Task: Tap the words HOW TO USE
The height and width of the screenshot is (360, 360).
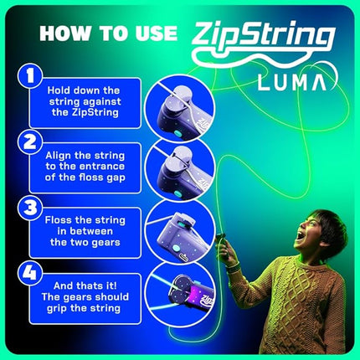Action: coord(110,33)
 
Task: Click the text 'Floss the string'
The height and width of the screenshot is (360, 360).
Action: coord(88,221)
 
